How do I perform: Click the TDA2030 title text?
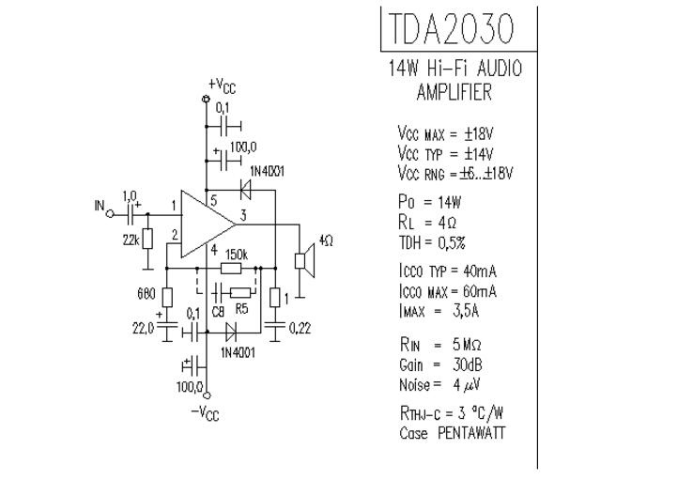click(452, 28)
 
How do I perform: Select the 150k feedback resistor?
click(231, 269)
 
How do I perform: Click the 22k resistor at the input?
click(147, 239)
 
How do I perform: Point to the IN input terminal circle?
click(110, 214)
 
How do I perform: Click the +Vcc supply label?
click(222, 85)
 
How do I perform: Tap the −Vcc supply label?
click(205, 413)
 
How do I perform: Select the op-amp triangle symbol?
click(208, 225)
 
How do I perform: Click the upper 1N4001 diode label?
click(268, 171)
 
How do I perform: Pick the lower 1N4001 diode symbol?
click(230, 332)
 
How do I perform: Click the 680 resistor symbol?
click(167, 297)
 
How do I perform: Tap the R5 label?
click(241, 308)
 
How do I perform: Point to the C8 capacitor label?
click(219, 312)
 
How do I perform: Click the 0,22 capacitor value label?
click(300, 328)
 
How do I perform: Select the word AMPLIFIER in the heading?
click(454, 92)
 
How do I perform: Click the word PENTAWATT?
click(471, 433)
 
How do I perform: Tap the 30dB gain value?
click(467, 364)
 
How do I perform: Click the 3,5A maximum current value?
click(466, 311)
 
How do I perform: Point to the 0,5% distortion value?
click(452, 242)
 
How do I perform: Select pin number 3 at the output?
click(243, 215)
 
